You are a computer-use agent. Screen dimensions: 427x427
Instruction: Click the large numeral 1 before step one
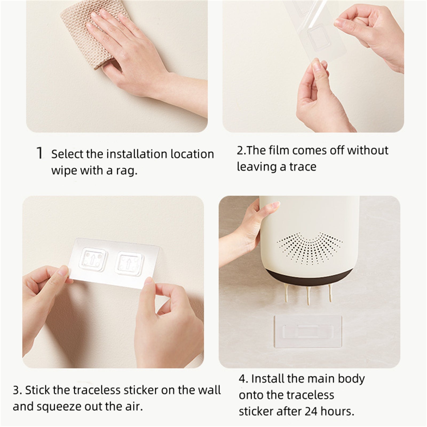click(x=39, y=153)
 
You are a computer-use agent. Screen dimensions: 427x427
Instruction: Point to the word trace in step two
click(x=303, y=167)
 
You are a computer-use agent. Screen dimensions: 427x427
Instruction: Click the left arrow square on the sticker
click(x=94, y=258)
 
